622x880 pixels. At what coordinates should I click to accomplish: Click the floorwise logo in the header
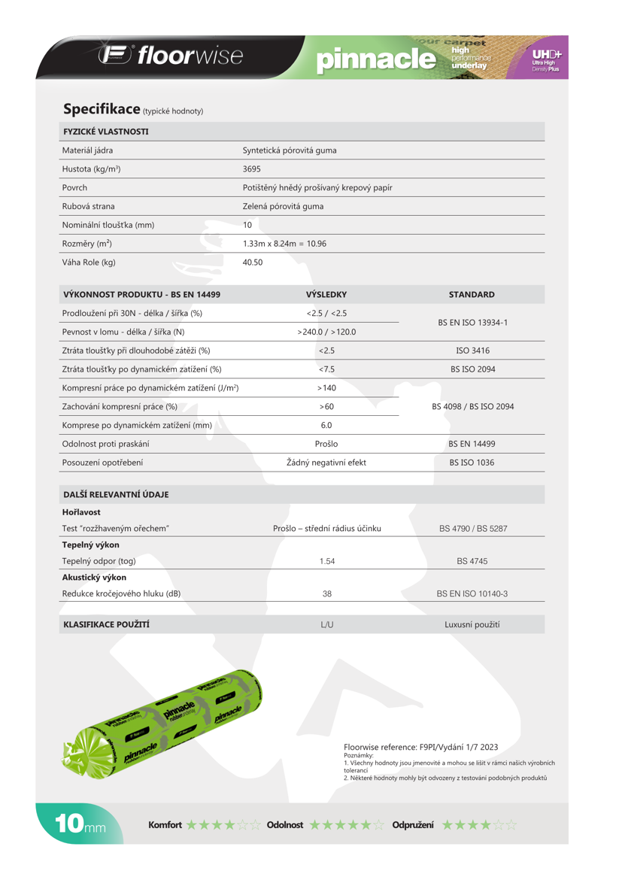point(170,56)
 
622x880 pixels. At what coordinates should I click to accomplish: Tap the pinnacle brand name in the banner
point(377,59)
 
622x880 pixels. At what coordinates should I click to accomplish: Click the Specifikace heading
point(102,109)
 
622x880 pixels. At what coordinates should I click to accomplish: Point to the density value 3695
point(252,169)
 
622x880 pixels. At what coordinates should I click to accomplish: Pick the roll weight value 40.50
point(253,262)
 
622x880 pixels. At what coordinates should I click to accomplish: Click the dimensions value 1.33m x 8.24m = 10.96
point(284,244)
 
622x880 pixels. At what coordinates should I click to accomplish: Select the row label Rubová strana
point(88,206)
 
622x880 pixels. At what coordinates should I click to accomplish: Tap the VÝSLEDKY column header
point(326,295)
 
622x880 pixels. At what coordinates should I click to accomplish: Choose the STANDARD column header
point(472,295)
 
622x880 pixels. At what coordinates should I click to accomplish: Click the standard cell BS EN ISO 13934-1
point(472,323)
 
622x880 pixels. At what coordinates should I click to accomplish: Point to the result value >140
point(326,388)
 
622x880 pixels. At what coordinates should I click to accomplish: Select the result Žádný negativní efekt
point(326,463)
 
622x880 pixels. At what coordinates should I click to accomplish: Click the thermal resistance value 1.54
point(326,561)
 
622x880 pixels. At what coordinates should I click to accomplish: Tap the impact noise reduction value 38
point(326,593)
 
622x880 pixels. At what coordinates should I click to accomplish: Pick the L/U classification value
point(326,624)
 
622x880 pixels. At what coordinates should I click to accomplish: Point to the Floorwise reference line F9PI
point(420,747)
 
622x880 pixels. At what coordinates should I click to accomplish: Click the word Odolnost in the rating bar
point(284,825)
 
